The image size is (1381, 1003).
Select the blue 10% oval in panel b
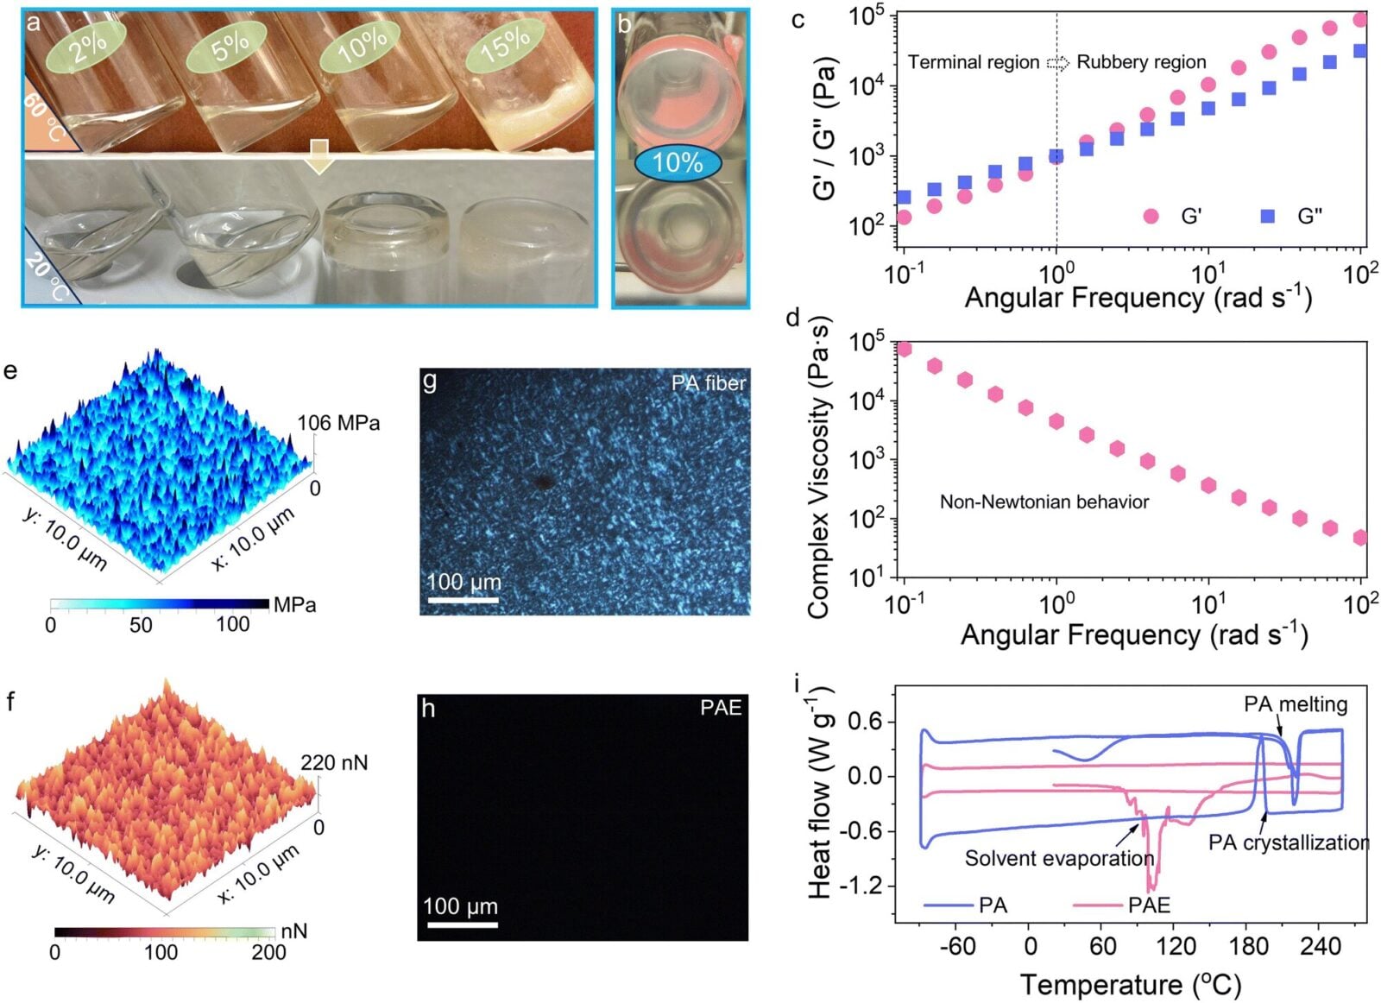pos(678,162)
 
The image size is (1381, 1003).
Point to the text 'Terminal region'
pos(974,62)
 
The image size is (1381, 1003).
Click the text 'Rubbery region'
pos(1141,62)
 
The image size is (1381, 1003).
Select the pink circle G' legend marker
pos(1151,216)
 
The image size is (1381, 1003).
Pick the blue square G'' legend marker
pos(1267,216)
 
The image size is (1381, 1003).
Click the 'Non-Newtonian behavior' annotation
pos(1044,501)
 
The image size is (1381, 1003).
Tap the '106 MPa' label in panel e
pos(338,423)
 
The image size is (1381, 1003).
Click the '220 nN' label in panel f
pos(334,763)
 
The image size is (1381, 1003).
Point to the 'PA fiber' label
pos(709,383)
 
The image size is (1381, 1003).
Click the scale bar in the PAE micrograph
pos(462,924)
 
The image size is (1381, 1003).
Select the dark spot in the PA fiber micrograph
pos(543,482)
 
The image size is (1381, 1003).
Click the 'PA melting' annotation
pos(1296,704)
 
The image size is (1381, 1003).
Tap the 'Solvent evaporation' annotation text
pos(1059,858)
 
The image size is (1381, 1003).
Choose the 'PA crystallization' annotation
pos(1288,842)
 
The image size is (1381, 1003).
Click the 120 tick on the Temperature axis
pos(1176,946)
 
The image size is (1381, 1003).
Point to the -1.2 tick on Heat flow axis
pos(860,886)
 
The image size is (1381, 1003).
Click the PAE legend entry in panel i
pos(1149,905)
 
